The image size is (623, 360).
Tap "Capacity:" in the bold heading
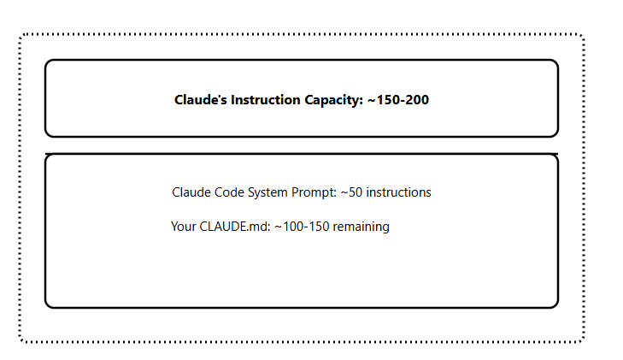click(333, 100)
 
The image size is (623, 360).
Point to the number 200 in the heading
click(416, 100)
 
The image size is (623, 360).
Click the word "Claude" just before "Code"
click(192, 192)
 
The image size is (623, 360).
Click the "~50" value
click(352, 192)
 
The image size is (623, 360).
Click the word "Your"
click(184, 227)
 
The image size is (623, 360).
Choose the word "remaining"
click(361, 227)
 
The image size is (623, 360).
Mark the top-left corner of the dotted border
click(20, 35)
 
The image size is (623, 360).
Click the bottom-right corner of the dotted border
click(583, 341)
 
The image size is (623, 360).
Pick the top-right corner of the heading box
click(557, 61)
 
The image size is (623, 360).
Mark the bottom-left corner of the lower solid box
click(46, 306)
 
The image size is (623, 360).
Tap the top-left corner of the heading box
click(46, 61)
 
